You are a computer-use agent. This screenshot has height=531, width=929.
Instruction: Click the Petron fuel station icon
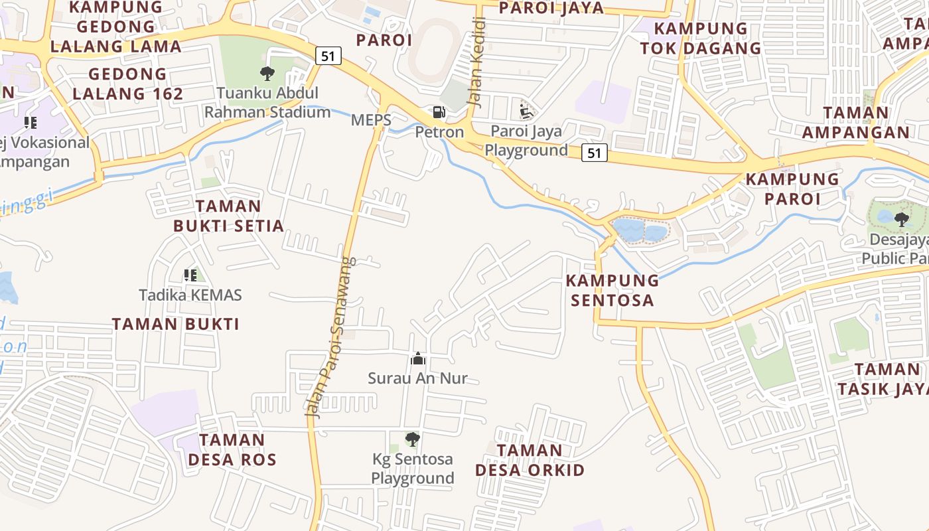pyautogui.click(x=438, y=113)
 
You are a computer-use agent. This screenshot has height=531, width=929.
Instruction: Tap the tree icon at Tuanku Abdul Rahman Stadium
pyautogui.click(x=267, y=74)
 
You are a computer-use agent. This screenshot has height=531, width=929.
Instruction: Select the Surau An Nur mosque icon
pyautogui.click(x=418, y=359)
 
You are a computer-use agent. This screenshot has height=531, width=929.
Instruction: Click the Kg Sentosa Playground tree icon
pyautogui.click(x=412, y=439)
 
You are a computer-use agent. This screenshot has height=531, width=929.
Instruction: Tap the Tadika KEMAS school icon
pyautogui.click(x=190, y=275)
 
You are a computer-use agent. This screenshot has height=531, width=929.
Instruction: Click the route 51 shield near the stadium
pyautogui.click(x=328, y=56)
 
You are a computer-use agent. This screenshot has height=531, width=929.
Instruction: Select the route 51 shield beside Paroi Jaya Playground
pyautogui.click(x=594, y=153)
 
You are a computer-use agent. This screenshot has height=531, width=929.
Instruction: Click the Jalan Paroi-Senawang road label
pyautogui.click(x=330, y=337)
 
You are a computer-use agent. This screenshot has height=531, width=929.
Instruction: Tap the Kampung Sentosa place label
pyautogui.click(x=612, y=290)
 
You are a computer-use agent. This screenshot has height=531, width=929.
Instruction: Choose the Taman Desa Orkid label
pyautogui.click(x=530, y=461)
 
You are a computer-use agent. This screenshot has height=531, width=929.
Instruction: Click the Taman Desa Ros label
pyautogui.click(x=232, y=449)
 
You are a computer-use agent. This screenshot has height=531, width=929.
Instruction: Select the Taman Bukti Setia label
pyautogui.click(x=228, y=216)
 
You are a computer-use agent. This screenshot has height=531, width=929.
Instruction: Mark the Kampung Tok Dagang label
pyautogui.click(x=700, y=38)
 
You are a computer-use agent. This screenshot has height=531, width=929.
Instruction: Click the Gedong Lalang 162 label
pyautogui.click(x=127, y=84)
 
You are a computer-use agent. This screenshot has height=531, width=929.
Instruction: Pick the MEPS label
pyautogui.click(x=370, y=120)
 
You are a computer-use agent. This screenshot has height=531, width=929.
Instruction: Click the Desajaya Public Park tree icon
pyautogui.click(x=901, y=219)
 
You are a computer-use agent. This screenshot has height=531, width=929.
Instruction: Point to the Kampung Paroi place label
pyautogui.click(x=792, y=189)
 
